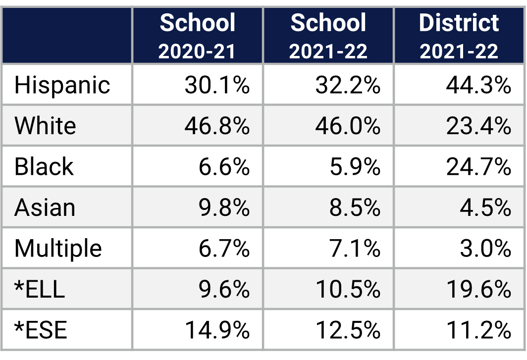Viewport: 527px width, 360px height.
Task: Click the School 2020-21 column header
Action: (197, 36)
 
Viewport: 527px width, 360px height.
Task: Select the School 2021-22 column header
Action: (328, 36)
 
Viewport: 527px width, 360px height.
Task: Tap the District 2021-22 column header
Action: (459, 36)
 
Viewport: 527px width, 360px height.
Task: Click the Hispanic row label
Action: (62, 85)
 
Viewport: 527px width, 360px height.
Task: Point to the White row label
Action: (45, 126)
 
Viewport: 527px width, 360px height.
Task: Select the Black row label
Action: (44, 167)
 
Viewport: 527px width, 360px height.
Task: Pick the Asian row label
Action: (45, 207)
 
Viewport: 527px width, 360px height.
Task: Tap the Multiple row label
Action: (58, 248)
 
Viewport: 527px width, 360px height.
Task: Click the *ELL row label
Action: (40, 289)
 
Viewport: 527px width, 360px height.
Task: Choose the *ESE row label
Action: (41, 330)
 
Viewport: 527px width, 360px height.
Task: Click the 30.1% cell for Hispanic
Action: (217, 85)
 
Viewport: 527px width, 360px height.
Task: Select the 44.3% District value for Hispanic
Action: (478, 85)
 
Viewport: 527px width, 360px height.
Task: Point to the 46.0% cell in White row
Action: (348, 126)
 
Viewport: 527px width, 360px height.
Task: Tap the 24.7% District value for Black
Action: (478, 167)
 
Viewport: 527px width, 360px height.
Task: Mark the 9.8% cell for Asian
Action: (224, 207)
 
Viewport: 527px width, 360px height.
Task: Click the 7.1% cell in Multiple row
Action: (355, 248)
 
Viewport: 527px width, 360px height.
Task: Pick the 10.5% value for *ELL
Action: (348, 289)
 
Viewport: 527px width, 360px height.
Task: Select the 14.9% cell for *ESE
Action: (217, 330)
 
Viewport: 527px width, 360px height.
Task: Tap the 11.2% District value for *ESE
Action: (478, 330)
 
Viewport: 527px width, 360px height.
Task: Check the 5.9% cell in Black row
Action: (355, 167)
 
